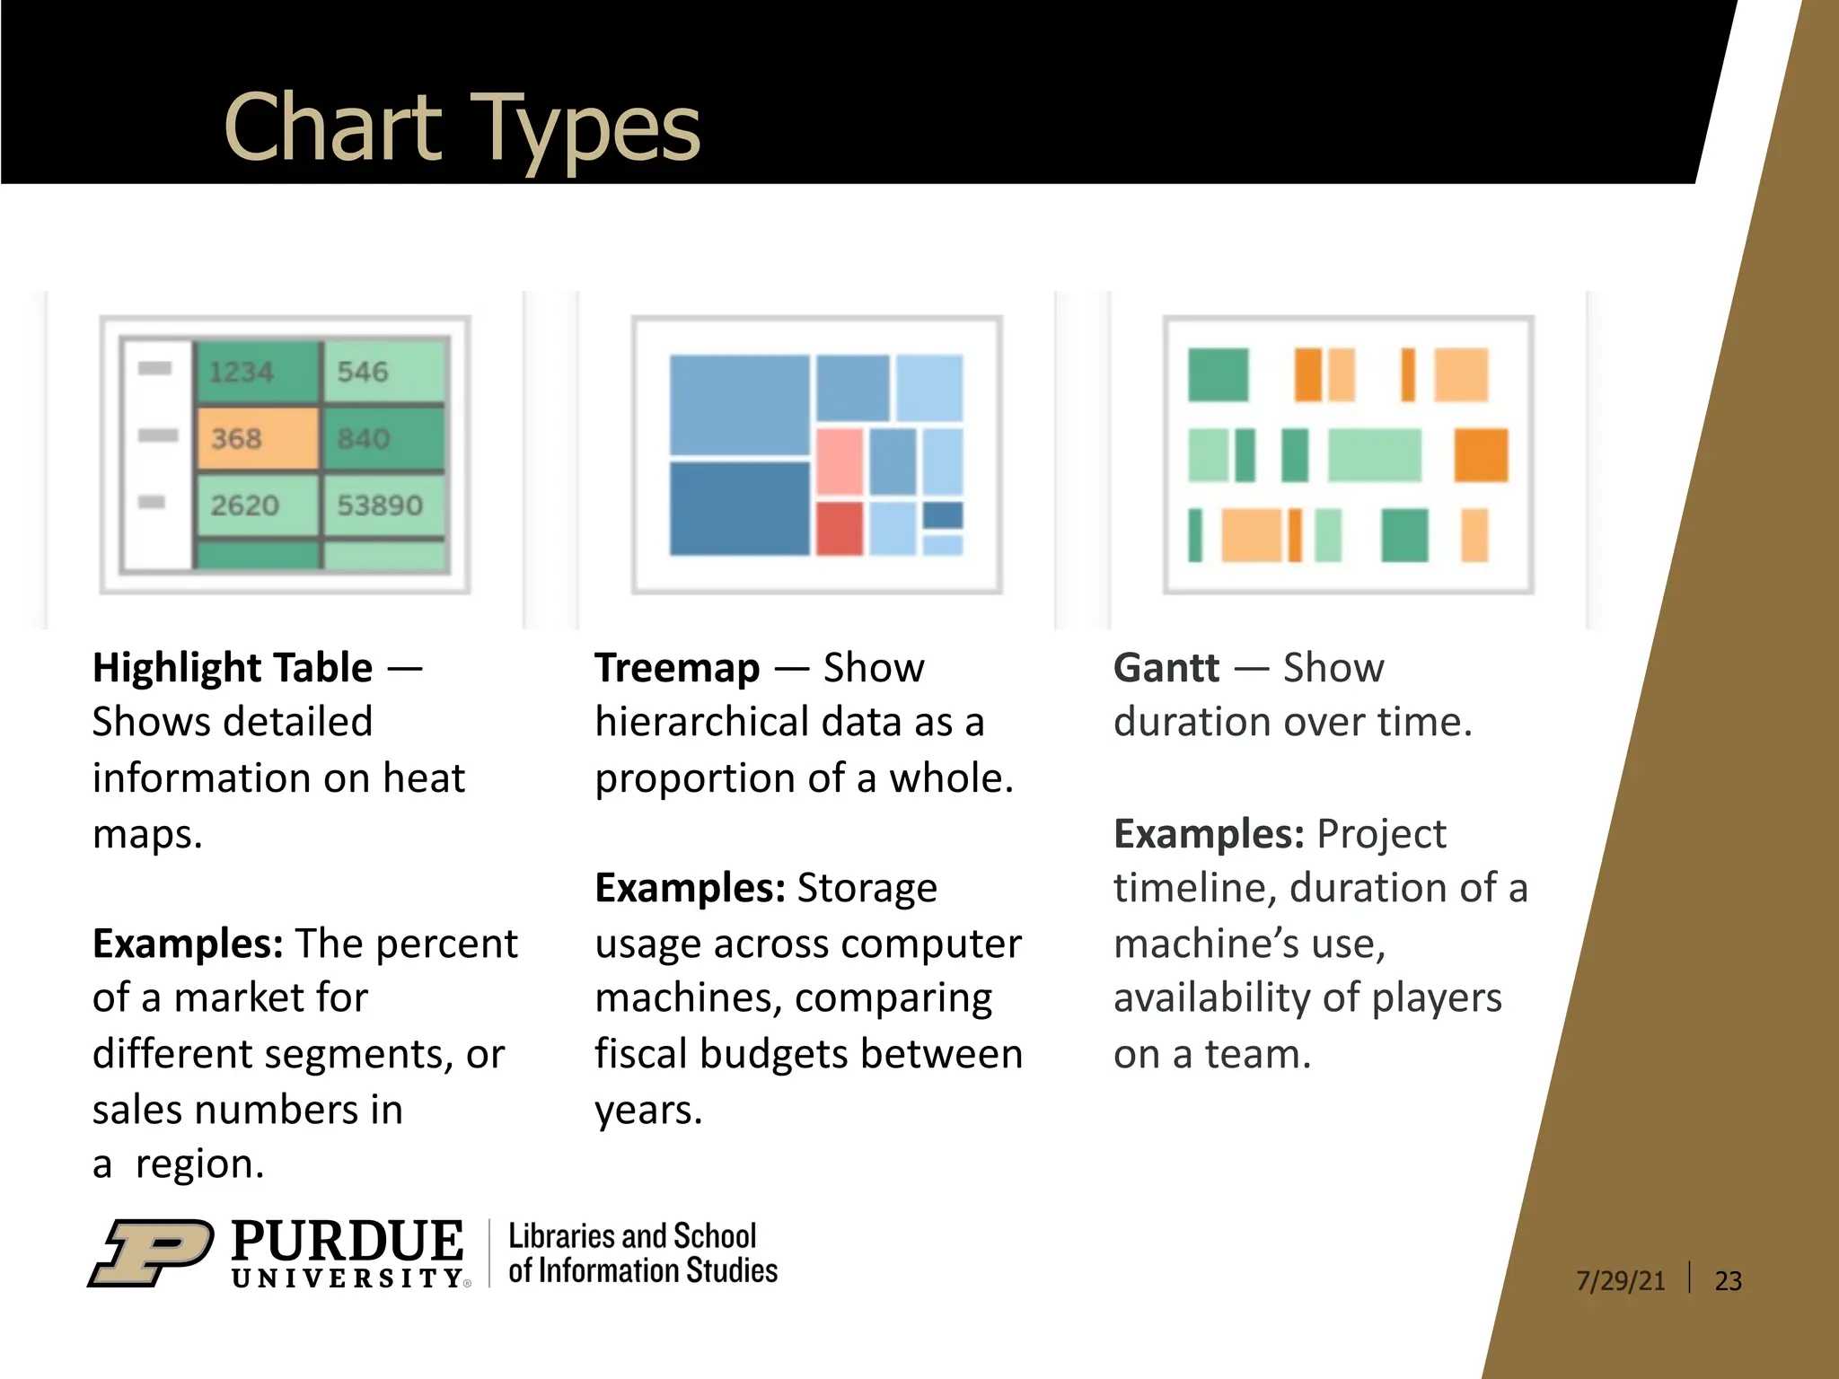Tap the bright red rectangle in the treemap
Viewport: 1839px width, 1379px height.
coord(840,528)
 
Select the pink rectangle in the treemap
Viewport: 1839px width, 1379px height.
coord(840,461)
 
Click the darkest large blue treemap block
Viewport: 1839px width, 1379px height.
coord(740,508)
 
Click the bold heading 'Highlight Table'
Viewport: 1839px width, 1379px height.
coord(233,668)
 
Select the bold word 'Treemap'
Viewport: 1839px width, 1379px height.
coord(677,668)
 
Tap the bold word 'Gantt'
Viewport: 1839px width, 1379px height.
coord(1166,668)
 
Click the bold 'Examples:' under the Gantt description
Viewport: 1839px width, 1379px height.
coord(1209,834)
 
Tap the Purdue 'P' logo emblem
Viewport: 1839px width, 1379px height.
coord(151,1252)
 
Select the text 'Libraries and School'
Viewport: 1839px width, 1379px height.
coord(632,1236)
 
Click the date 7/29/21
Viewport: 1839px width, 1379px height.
coord(1620,1280)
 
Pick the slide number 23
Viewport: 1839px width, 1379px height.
coord(1728,1280)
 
